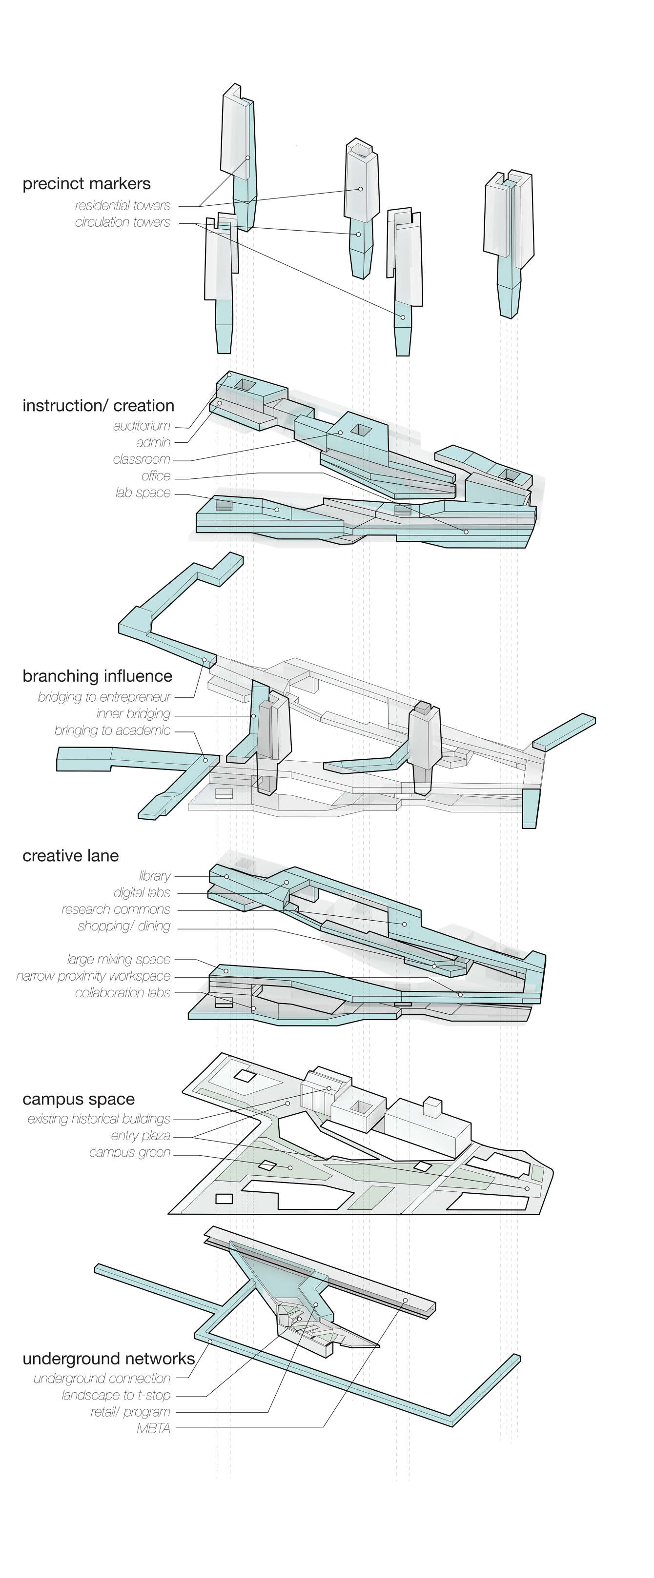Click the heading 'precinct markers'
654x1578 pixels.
tap(86, 184)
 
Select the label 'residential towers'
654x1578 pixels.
tap(123, 206)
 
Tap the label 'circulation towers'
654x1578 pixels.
tap(123, 222)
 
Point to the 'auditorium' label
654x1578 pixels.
tap(142, 426)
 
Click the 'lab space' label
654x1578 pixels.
tap(143, 493)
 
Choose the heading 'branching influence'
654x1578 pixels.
tap(98, 676)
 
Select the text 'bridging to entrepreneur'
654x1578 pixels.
tap(104, 697)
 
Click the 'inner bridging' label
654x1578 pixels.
tap(133, 713)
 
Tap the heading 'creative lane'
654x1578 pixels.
tap(70, 856)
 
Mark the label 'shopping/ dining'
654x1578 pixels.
tap(124, 926)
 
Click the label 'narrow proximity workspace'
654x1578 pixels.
tap(93, 976)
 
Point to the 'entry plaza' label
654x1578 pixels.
tap(141, 1136)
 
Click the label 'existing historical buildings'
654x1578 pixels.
tap(99, 1119)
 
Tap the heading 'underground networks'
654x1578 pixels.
tap(108, 1359)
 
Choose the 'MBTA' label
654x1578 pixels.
tap(154, 1428)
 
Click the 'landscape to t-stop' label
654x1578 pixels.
tap(116, 1396)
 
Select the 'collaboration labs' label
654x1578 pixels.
tap(123, 993)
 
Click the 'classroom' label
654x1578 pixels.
tap(142, 459)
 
